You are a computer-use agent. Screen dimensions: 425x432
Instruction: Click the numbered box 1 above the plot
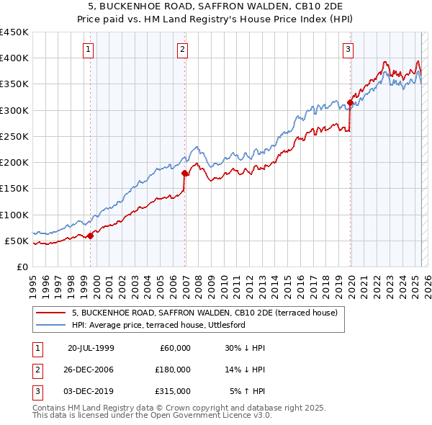(x=88, y=50)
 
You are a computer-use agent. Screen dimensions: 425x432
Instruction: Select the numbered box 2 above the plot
(x=183, y=50)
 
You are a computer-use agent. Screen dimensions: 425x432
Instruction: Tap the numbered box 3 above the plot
(x=348, y=50)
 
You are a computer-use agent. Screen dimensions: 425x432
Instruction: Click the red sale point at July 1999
(x=91, y=236)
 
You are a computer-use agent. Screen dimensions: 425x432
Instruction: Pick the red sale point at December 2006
(x=185, y=173)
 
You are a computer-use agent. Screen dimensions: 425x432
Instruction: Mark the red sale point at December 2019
(x=351, y=102)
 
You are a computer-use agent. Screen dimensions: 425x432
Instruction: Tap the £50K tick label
(x=17, y=241)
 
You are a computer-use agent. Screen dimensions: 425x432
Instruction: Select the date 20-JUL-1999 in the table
(x=91, y=348)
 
